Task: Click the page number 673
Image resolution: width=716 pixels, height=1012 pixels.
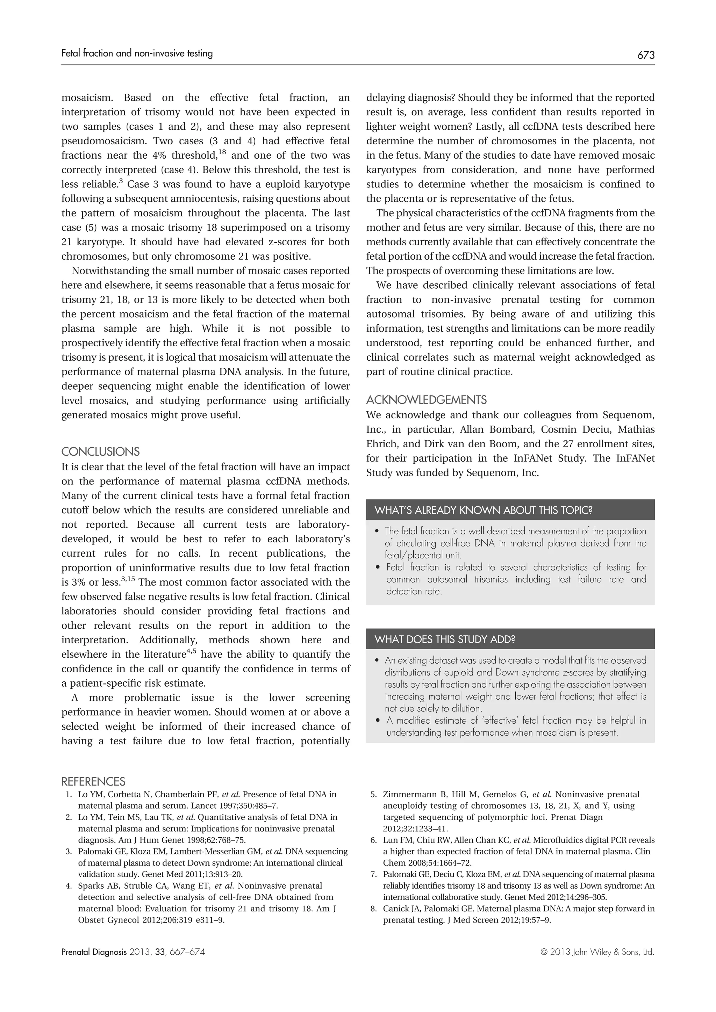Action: point(645,56)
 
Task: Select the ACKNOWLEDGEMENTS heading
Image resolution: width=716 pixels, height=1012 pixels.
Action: point(426,400)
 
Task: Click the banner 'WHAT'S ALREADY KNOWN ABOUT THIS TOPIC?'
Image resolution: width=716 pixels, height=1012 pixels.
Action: point(483,511)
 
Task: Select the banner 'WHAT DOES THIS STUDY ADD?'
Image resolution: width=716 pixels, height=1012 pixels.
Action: point(444,639)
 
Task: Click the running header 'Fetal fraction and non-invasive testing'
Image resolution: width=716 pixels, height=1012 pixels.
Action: point(137,54)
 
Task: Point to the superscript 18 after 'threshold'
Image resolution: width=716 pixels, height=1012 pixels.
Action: point(222,152)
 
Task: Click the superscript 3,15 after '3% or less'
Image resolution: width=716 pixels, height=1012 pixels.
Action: point(128,578)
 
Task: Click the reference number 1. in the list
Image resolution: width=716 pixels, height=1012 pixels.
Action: point(68,795)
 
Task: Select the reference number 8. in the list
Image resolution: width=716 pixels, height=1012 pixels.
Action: point(373,909)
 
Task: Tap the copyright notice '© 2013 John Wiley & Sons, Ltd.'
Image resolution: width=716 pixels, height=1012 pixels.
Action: point(597,952)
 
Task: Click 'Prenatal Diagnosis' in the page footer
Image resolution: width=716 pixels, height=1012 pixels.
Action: point(93,952)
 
